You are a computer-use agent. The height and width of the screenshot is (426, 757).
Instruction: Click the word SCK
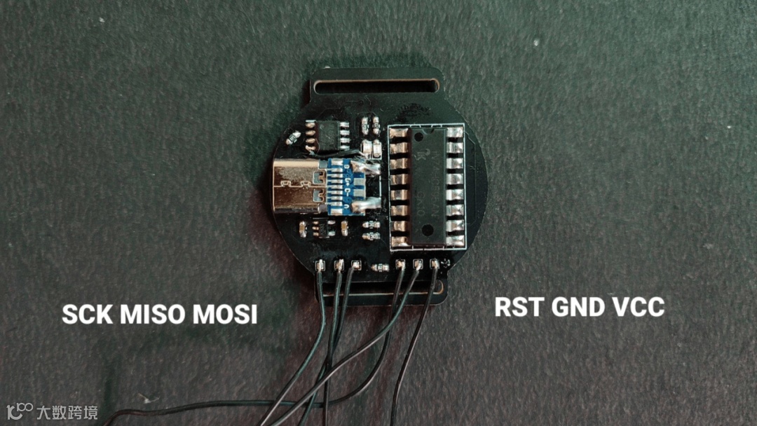(88, 315)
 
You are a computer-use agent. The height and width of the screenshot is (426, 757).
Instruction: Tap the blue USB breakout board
(344, 186)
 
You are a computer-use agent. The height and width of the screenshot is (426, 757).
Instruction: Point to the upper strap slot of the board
(376, 88)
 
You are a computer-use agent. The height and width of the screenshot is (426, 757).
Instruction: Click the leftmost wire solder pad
(320, 266)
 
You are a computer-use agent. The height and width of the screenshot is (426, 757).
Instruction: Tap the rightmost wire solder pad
(435, 264)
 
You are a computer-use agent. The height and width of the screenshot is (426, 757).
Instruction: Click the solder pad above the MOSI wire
(355, 266)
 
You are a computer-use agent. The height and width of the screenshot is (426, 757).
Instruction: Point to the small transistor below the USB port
(322, 228)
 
